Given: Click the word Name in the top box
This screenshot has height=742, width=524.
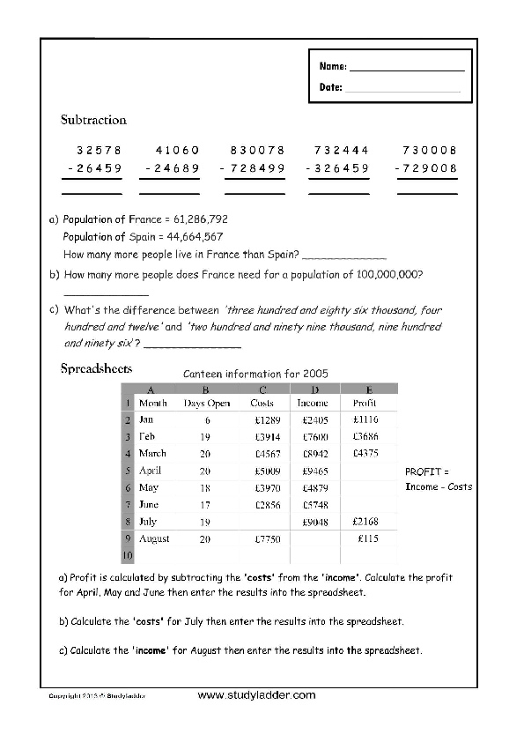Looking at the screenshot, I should [x=331, y=67].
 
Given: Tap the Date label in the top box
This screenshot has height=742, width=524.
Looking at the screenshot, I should [x=329, y=87].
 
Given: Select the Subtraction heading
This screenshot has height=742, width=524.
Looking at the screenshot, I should [x=93, y=120].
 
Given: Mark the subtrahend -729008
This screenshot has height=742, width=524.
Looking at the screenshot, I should [x=426, y=168].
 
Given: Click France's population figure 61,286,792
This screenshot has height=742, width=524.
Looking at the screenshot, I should [x=197, y=219].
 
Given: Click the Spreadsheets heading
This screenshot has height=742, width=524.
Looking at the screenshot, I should [x=96, y=369].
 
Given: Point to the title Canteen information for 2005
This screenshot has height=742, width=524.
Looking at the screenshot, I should [x=255, y=374].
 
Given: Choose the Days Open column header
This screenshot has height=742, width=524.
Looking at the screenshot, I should [x=207, y=404].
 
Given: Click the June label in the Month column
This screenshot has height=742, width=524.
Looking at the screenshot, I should [x=149, y=505].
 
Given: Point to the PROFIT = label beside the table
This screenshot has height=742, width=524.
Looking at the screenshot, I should [x=426, y=471].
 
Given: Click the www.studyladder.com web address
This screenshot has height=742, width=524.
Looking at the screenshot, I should [x=256, y=695].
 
